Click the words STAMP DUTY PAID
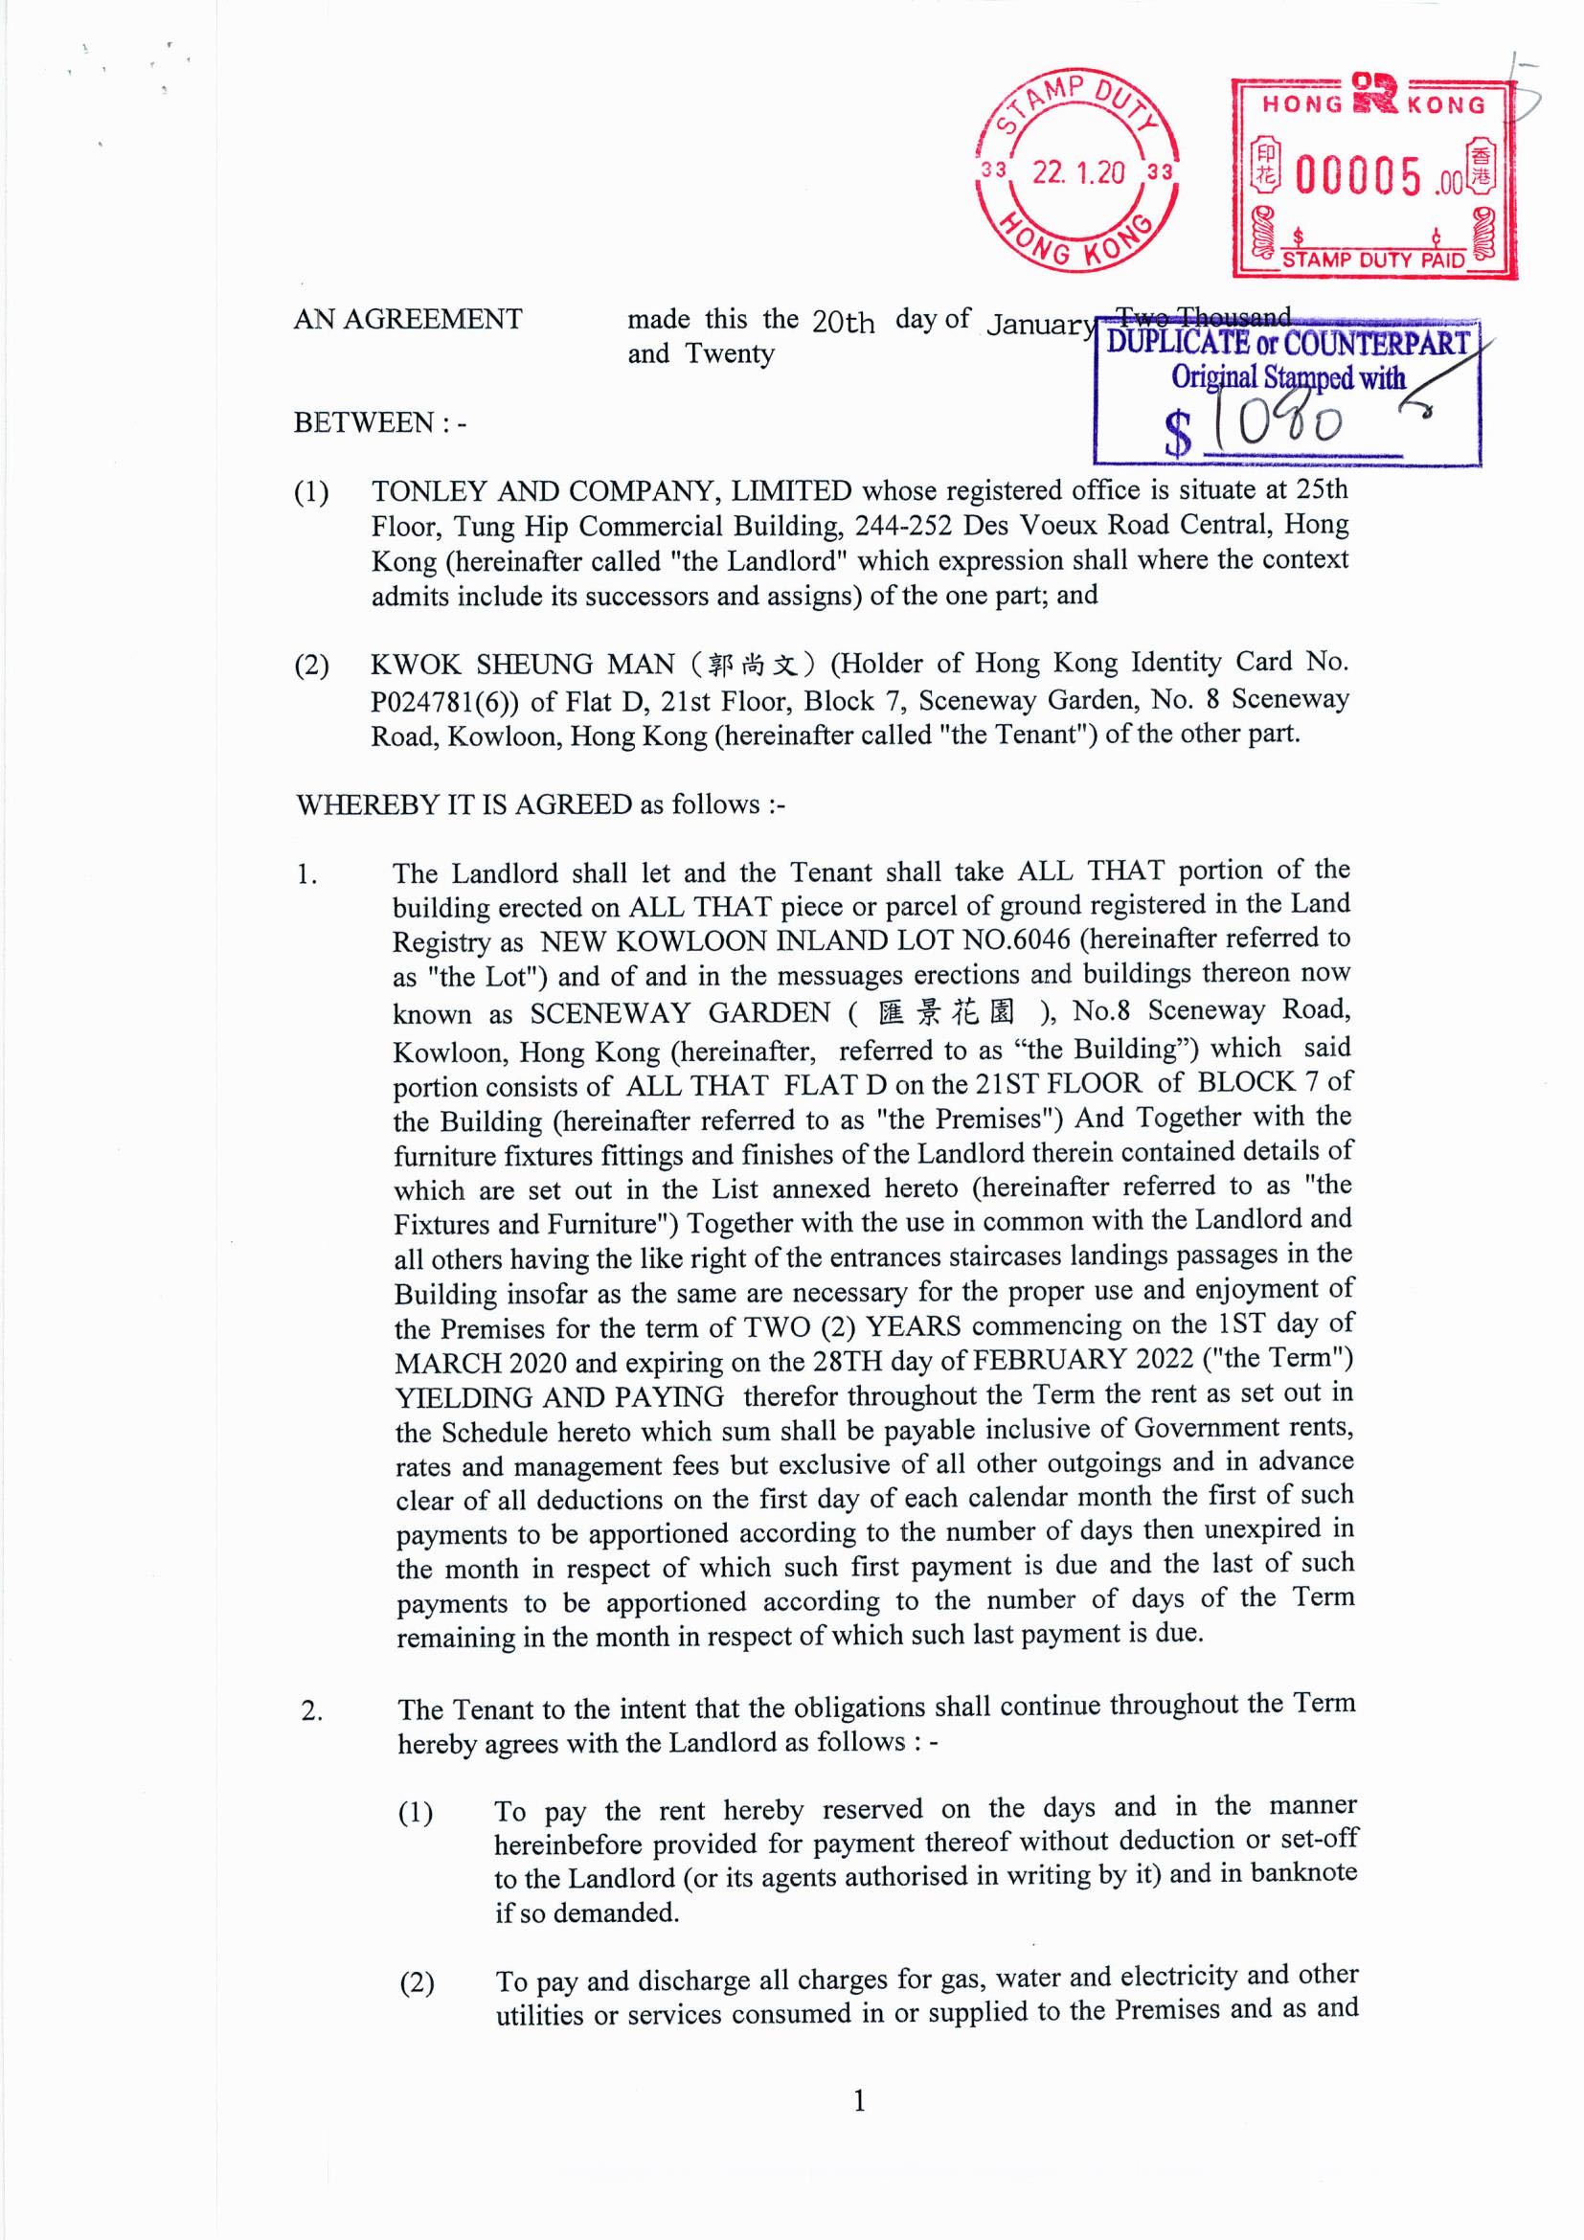pyautogui.click(x=1372, y=260)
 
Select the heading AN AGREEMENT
pyautogui.click(x=408, y=319)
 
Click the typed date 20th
pyautogui.click(x=843, y=321)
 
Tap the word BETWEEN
pyautogui.click(x=364, y=422)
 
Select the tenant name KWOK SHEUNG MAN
pyautogui.click(x=522, y=665)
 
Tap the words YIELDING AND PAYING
pyautogui.click(x=560, y=1396)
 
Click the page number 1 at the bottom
pyautogui.click(x=859, y=2100)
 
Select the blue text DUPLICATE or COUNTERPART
pyautogui.click(x=1287, y=344)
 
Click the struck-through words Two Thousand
pyautogui.click(x=1204, y=316)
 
